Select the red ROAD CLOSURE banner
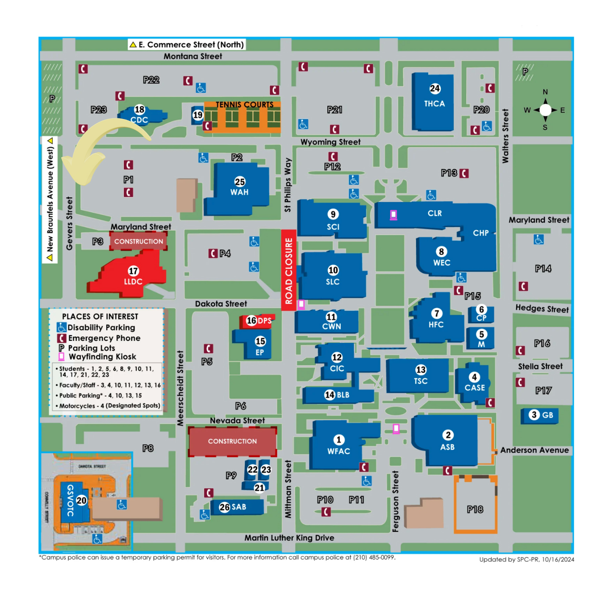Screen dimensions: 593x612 click(x=289, y=270)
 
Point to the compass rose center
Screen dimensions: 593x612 click(x=545, y=110)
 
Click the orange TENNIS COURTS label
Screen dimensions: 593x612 click(x=244, y=105)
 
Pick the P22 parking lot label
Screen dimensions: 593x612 click(x=151, y=80)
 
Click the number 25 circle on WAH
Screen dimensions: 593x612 click(x=240, y=182)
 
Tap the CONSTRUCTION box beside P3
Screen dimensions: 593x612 click(x=138, y=241)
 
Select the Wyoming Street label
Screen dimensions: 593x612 click(x=330, y=142)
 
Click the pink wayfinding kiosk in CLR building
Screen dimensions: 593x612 click(x=393, y=215)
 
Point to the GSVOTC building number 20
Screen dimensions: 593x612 click(x=81, y=501)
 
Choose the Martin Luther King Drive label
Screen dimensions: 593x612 click(x=289, y=538)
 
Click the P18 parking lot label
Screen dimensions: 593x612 click(x=475, y=510)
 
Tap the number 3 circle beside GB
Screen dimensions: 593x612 click(x=534, y=415)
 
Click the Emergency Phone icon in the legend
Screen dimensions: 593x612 click(x=62, y=338)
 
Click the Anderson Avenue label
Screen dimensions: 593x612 click(x=534, y=450)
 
